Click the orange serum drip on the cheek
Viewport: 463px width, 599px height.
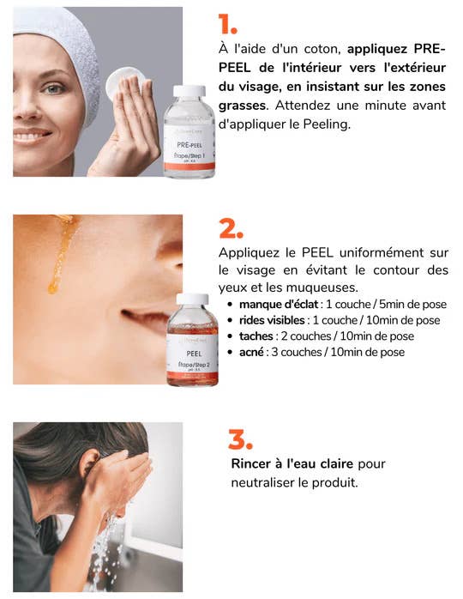pyautogui.click(x=63, y=253)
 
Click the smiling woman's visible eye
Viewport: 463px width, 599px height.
pyautogui.click(x=55, y=88)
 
